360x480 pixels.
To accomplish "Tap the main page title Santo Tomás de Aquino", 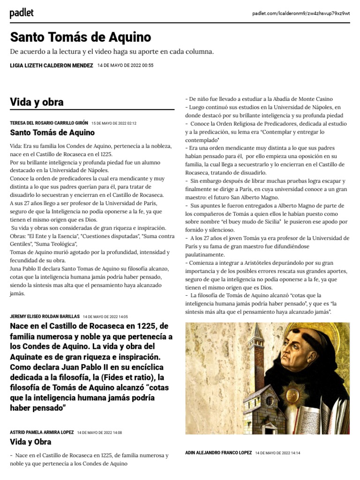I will (x=81, y=37).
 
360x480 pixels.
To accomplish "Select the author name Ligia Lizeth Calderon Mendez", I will (x=52, y=66).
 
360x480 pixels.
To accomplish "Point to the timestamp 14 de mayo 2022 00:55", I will (x=125, y=66).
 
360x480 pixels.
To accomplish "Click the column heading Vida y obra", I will (x=37, y=102).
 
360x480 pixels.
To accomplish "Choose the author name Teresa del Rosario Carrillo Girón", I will (x=49, y=123).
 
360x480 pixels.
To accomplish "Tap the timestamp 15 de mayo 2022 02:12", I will (x=114, y=123).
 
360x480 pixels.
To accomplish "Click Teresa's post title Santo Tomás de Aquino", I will (x=52, y=133).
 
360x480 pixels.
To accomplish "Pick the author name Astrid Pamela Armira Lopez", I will (x=42, y=432).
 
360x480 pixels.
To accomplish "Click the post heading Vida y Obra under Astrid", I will (x=30, y=442).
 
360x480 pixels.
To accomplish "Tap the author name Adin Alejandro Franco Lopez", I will (x=218, y=453).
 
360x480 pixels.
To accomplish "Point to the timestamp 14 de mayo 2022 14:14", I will (x=277, y=453).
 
